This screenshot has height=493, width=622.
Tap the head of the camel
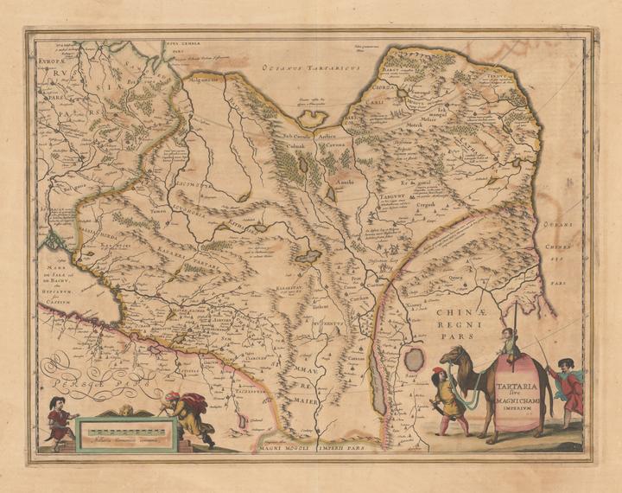[454, 356]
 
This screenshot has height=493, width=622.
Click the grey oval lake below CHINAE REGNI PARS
[416, 359]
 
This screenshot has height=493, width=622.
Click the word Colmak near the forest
[286, 147]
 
